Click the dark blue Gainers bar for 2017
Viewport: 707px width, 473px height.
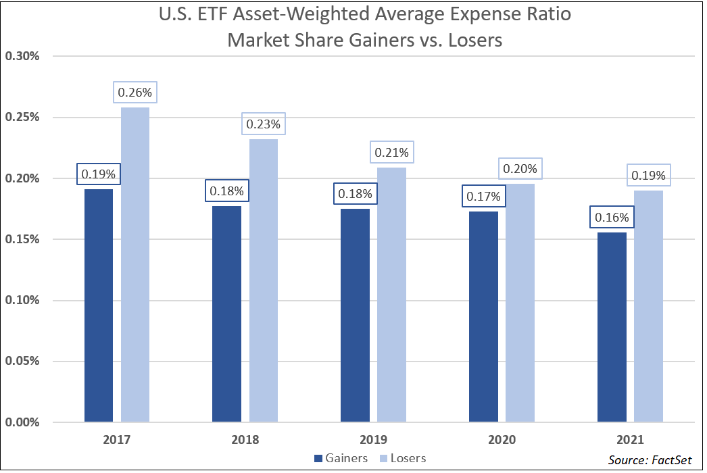coord(99,305)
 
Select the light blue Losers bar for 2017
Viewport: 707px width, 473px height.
coord(135,265)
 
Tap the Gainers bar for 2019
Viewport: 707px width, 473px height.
coord(355,316)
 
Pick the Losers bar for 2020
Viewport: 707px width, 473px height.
coord(520,303)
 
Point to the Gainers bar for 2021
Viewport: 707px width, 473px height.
coord(612,327)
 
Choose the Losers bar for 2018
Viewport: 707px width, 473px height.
coord(264,280)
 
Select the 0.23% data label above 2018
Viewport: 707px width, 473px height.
coord(264,124)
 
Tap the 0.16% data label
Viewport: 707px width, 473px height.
coord(612,217)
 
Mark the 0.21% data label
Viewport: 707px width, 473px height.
coord(392,152)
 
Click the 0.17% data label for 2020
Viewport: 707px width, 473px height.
coord(483,196)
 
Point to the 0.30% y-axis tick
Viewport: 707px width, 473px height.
coord(22,56)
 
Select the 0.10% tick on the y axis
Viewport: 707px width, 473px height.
coord(22,300)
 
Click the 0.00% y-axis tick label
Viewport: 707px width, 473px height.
coord(22,422)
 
